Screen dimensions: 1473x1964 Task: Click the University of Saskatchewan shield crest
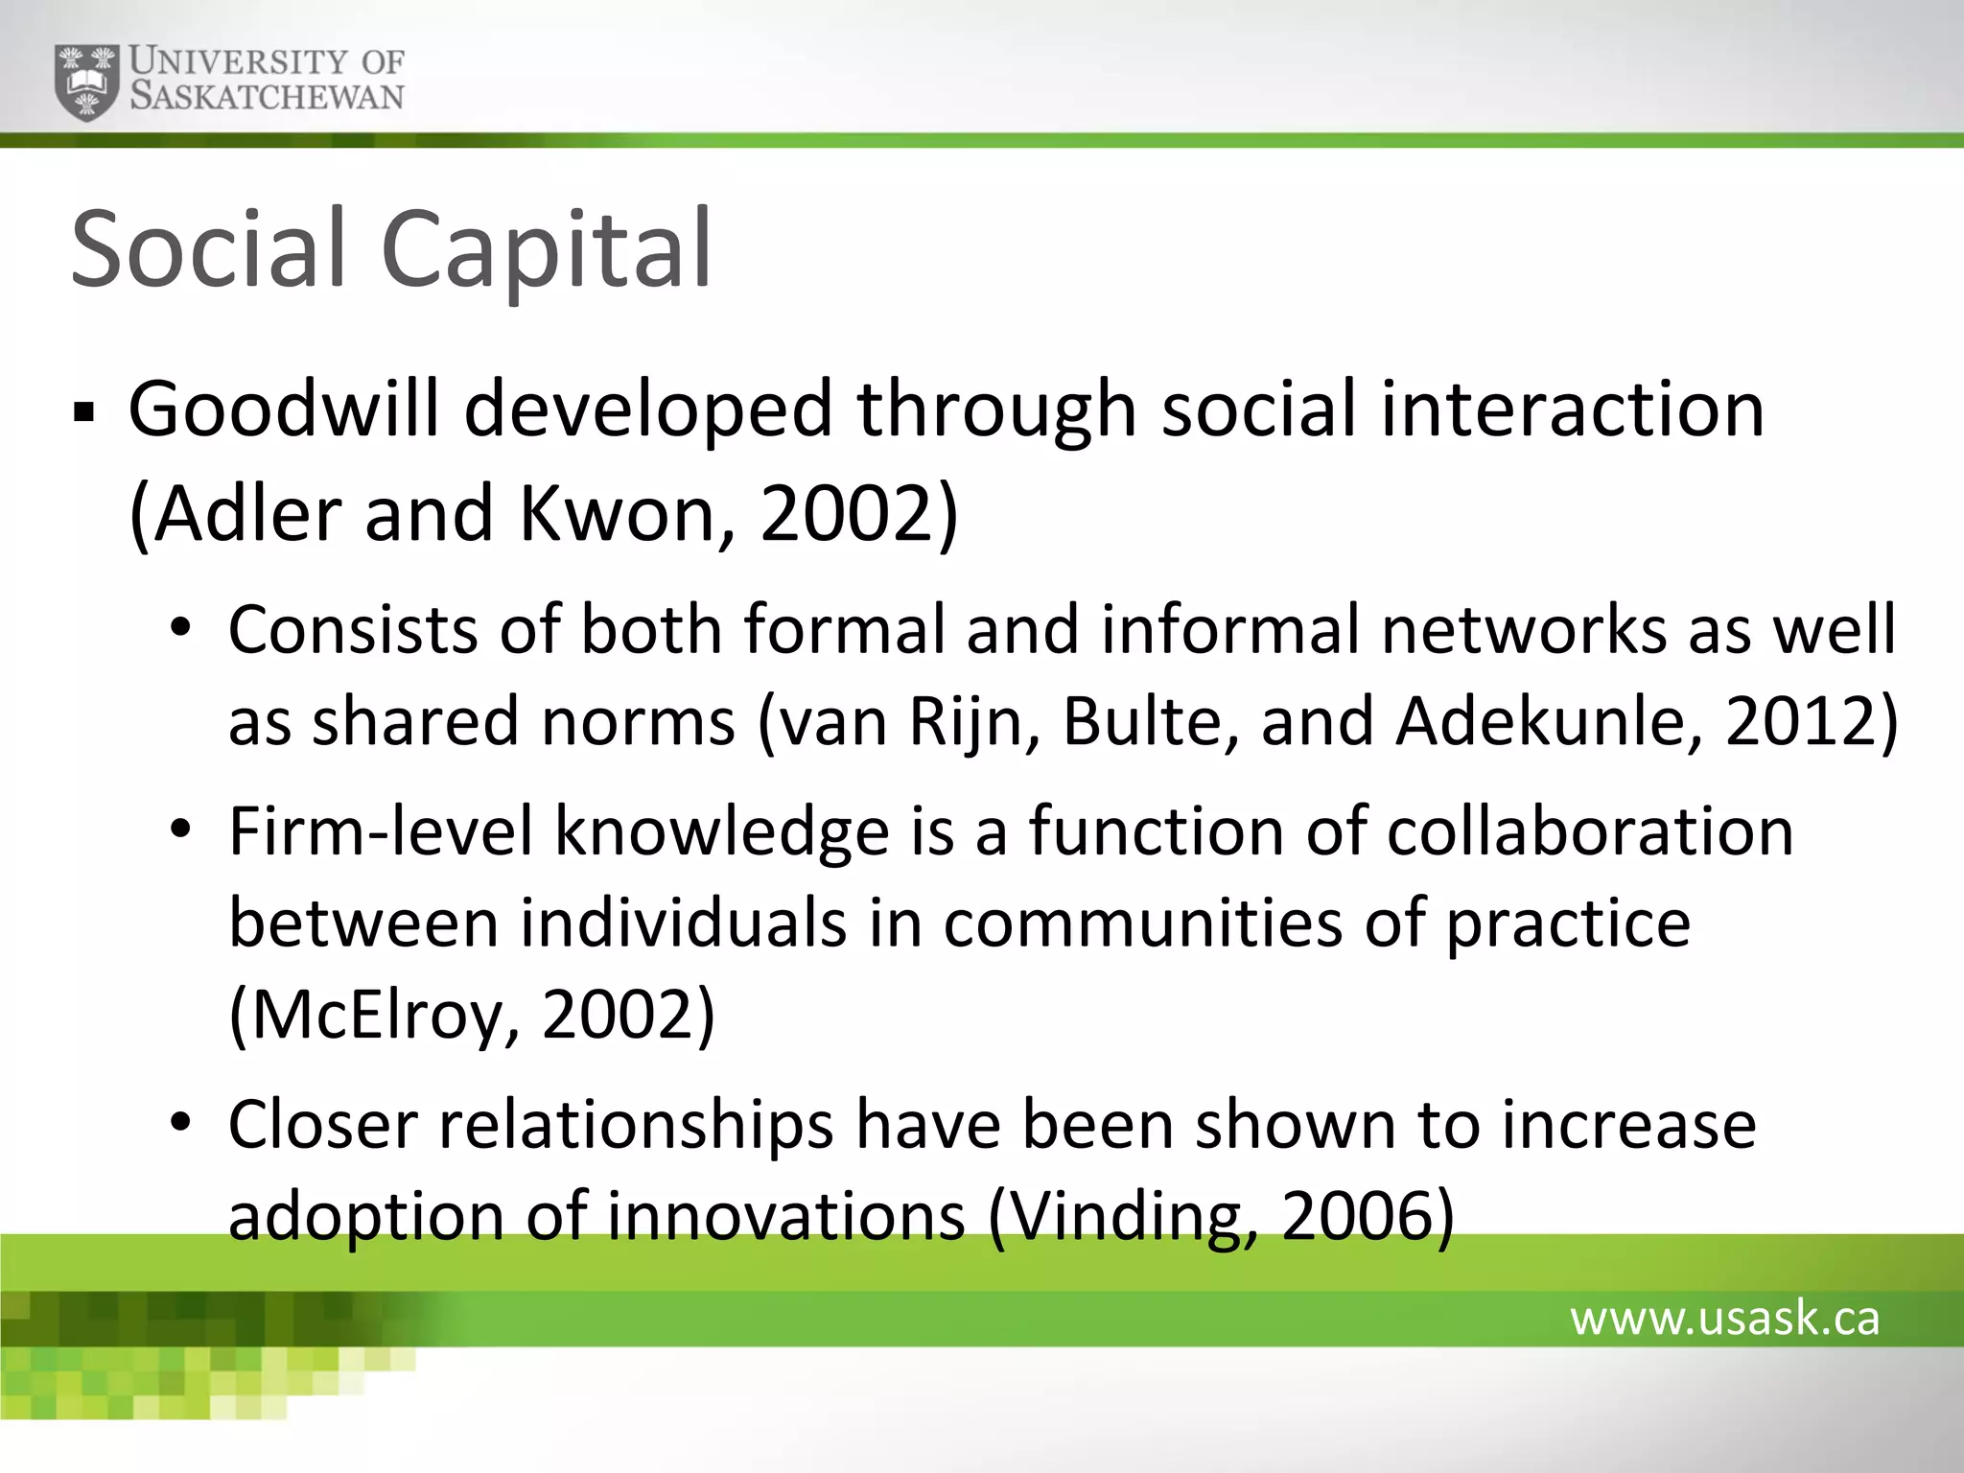coord(87,82)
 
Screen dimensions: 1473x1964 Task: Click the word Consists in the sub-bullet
coord(353,630)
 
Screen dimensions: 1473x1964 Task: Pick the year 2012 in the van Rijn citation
coord(1802,721)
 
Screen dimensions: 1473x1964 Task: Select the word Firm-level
coord(381,831)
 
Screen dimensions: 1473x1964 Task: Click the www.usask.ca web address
coord(1724,1319)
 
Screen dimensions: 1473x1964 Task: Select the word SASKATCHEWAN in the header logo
coord(268,97)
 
